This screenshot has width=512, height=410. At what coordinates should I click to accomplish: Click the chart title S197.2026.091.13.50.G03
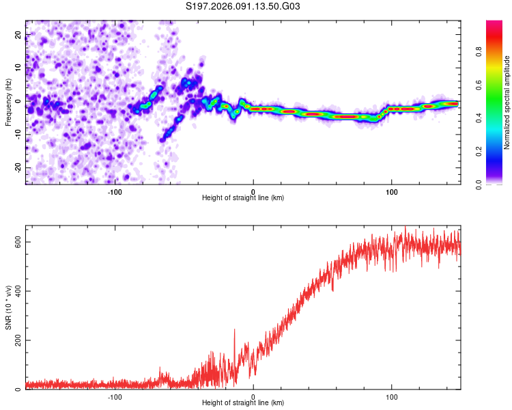tap(243, 7)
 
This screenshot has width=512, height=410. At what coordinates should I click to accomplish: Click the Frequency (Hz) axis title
tap(8, 101)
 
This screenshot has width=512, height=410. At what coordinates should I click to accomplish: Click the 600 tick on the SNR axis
tap(18, 243)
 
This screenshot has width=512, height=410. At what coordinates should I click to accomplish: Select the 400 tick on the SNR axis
tap(18, 291)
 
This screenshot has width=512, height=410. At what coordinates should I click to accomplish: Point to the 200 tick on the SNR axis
tap(18, 340)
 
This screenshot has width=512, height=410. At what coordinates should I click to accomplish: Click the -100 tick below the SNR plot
tap(115, 396)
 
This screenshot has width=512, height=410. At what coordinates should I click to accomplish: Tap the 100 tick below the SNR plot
tap(392, 396)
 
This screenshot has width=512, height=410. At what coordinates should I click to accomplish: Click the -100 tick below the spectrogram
tap(115, 191)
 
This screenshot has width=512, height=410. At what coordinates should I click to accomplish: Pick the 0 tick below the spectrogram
tap(253, 191)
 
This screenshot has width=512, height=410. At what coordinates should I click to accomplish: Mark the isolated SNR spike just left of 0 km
tap(235, 331)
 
